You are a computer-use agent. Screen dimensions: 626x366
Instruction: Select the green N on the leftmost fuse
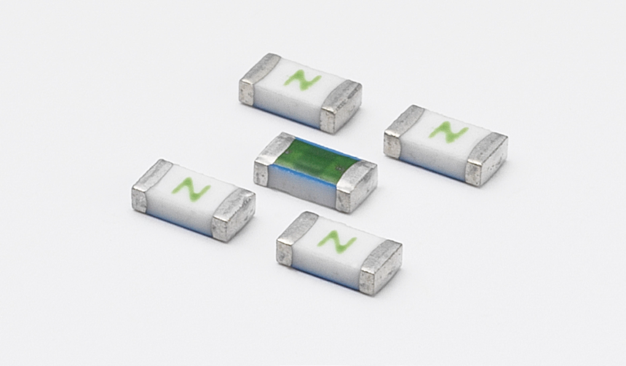[191, 189]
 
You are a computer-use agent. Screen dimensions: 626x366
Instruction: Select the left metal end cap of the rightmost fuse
[400, 132]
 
